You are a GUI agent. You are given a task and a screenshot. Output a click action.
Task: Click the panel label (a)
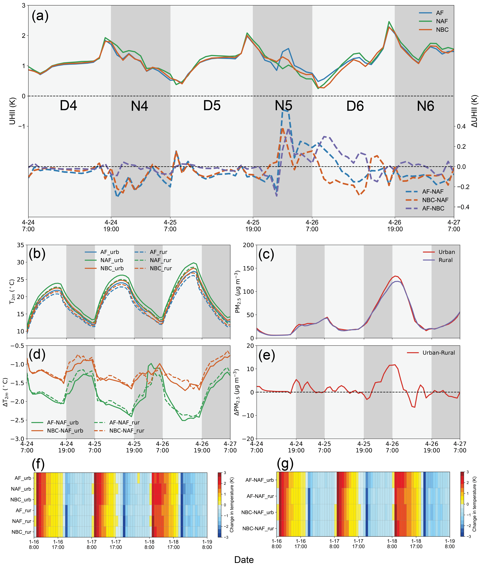tap(40, 16)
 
